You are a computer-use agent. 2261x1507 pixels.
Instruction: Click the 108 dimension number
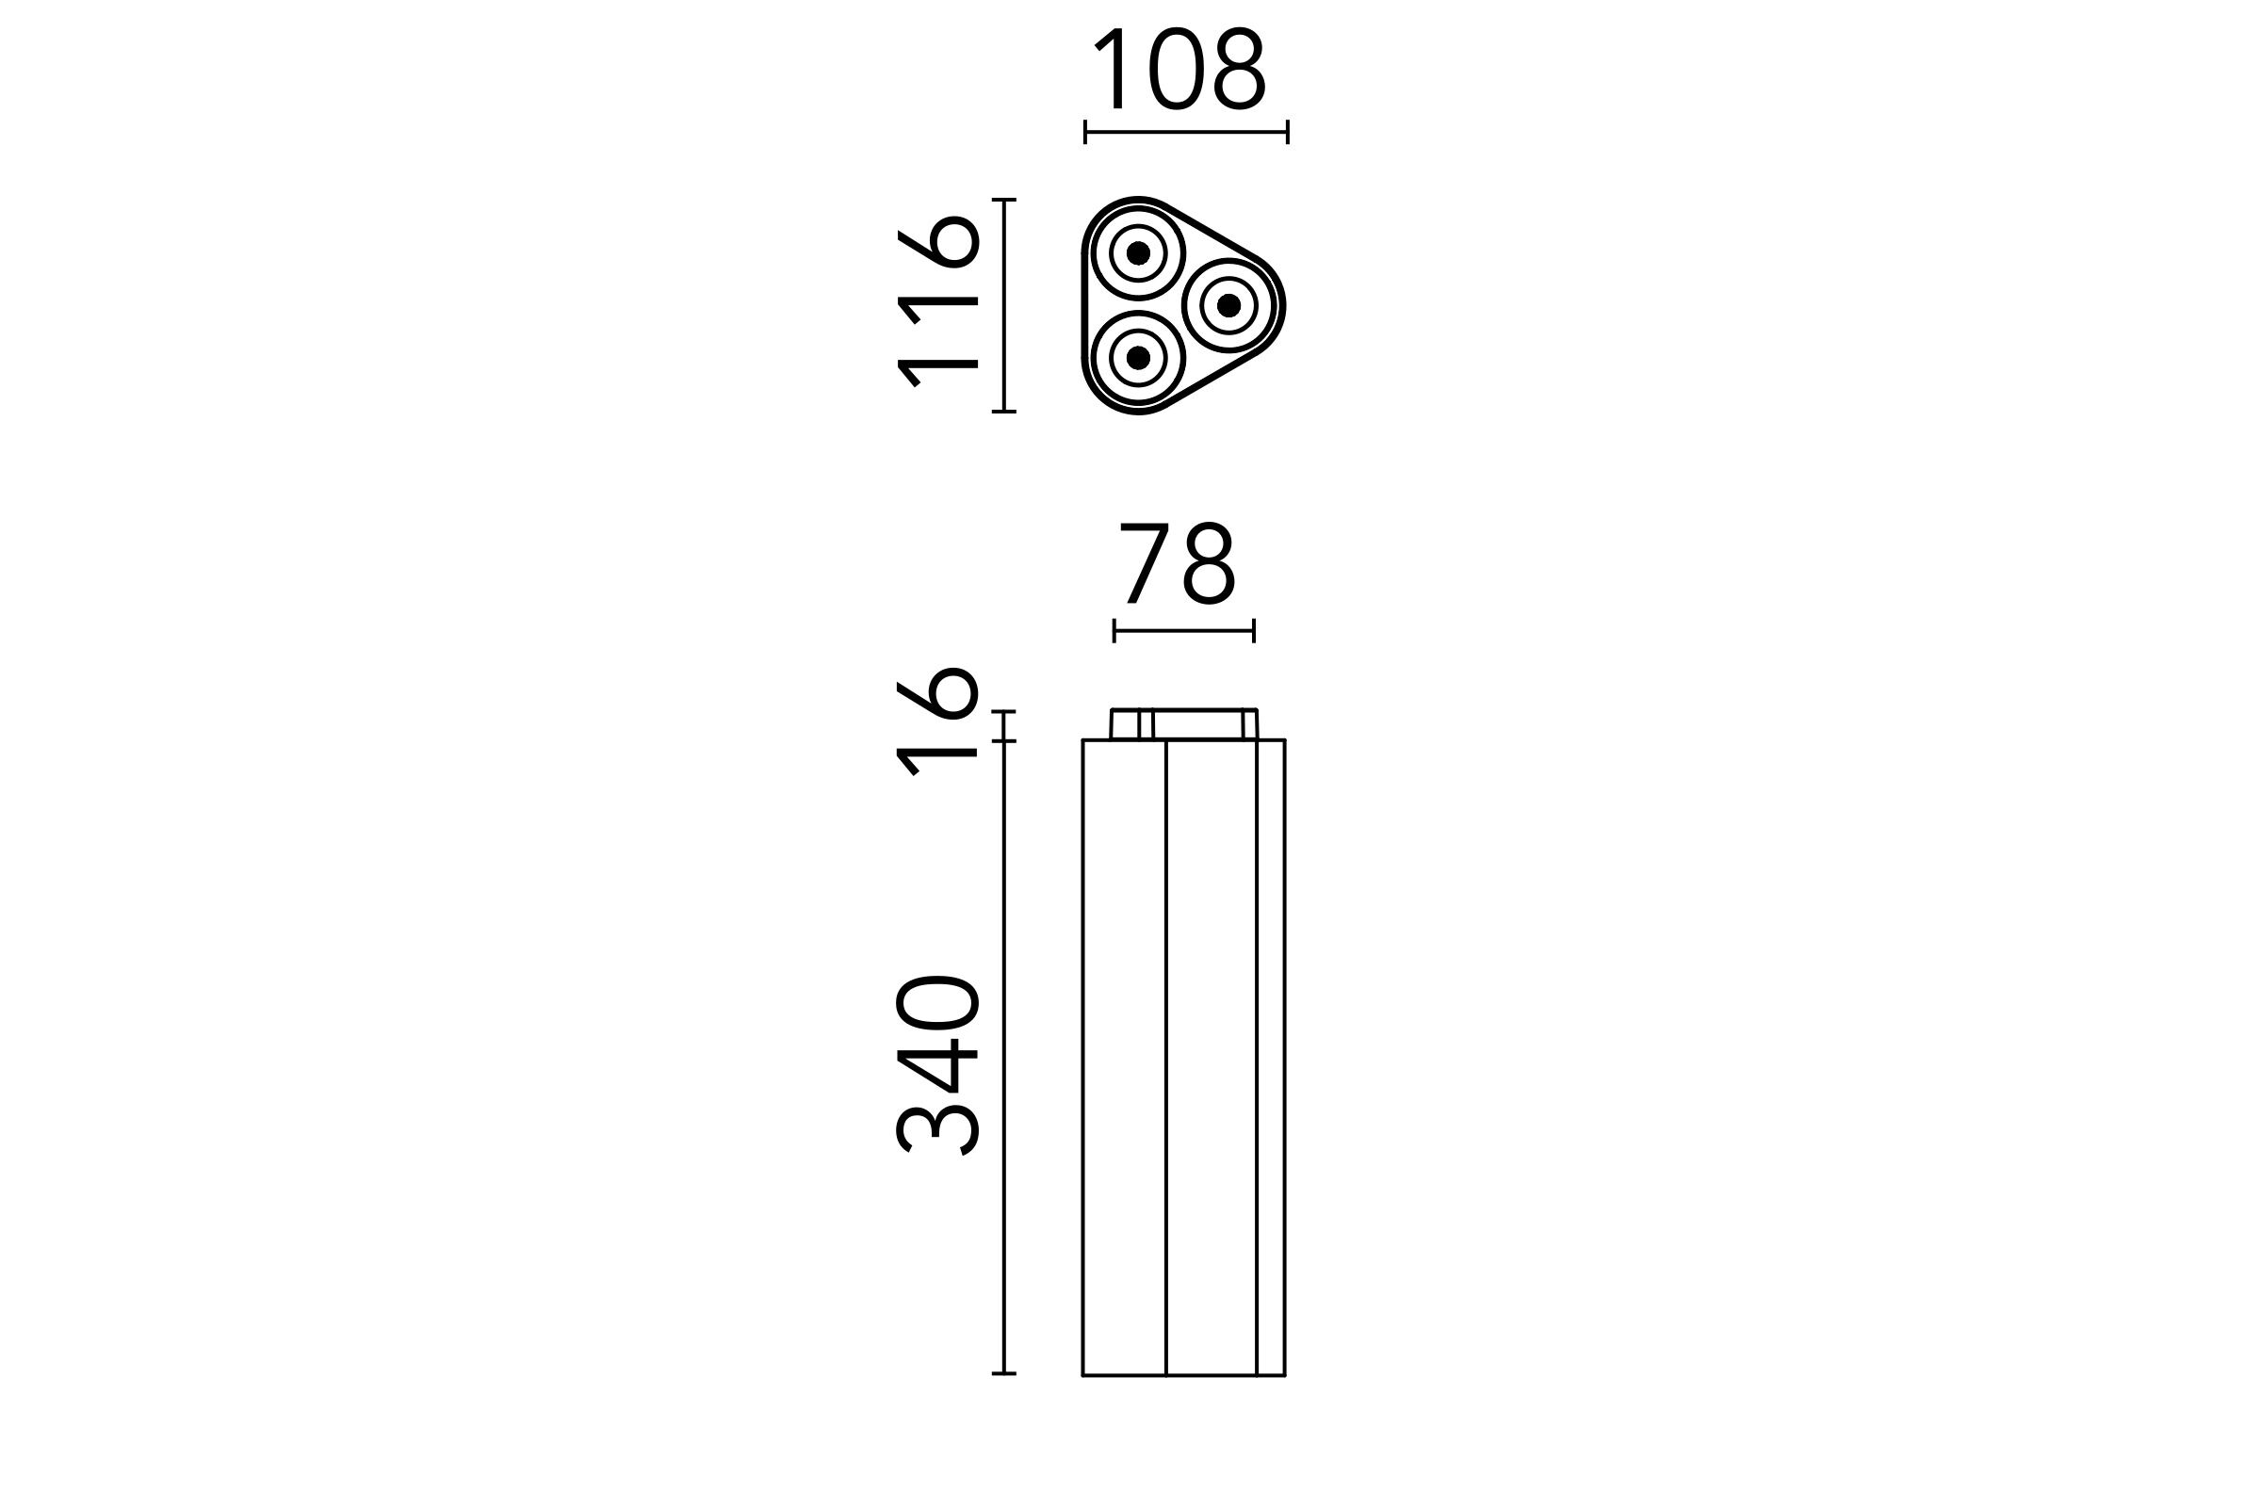(1180, 68)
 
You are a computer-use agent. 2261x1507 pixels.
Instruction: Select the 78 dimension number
(1178, 564)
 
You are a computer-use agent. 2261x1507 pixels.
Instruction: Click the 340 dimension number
(937, 1065)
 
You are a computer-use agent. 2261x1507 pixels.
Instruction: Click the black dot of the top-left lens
(1138, 252)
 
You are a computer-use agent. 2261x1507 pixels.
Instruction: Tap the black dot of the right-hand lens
(1228, 305)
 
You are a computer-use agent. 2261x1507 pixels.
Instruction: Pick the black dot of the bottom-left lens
(1138, 358)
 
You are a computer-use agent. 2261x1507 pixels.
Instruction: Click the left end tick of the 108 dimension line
(1085, 133)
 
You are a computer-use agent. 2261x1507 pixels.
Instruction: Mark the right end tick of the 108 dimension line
(1287, 133)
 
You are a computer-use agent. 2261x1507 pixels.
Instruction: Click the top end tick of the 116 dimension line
(1003, 200)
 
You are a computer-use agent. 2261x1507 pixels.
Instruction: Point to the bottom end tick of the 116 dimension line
(1003, 412)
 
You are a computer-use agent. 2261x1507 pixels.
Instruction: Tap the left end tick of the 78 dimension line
(1114, 630)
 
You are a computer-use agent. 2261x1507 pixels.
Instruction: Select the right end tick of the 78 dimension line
(1254, 630)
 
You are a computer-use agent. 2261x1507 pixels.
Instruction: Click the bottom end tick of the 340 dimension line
(1003, 1373)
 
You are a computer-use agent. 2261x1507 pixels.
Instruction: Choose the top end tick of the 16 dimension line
(1003, 711)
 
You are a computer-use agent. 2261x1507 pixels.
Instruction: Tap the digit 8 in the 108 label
(1239, 68)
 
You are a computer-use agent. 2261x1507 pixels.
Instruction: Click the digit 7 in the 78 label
(1144, 564)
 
